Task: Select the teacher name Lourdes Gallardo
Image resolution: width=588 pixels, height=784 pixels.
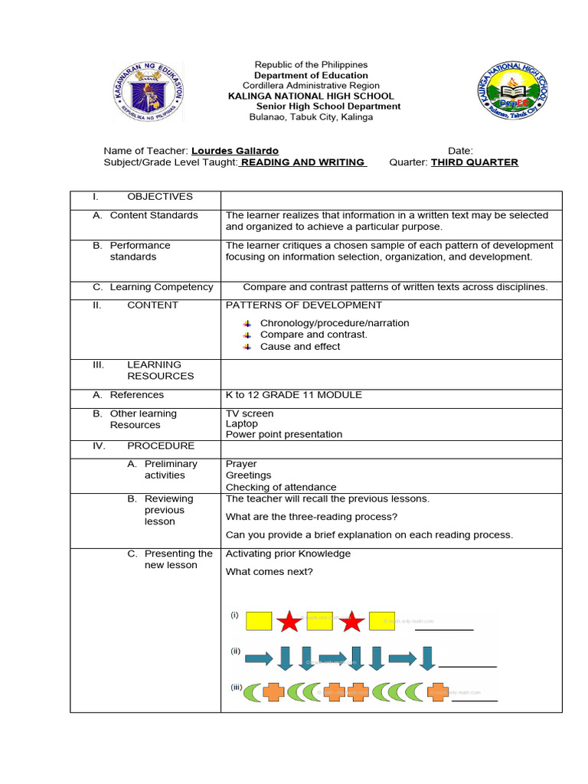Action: (x=234, y=151)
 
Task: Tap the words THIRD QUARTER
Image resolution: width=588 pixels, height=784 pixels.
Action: (x=474, y=162)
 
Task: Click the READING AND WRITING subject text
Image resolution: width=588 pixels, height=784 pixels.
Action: (x=303, y=162)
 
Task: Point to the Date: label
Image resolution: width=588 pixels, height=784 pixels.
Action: (x=460, y=151)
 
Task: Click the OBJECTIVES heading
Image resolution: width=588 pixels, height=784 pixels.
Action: (x=160, y=197)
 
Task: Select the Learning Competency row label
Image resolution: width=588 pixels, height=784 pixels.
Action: (x=161, y=287)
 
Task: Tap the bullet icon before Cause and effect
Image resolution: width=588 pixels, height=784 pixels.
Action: (x=247, y=347)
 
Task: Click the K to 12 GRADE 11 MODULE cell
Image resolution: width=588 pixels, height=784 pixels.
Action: (x=294, y=395)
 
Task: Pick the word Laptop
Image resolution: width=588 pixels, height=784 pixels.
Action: (x=242, y=423)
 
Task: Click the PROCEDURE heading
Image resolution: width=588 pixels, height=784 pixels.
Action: (x=161, y=446)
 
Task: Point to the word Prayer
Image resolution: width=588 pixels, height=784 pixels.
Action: (x=241, y=464)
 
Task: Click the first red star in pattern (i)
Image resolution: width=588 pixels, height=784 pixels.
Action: (x=289, y=621)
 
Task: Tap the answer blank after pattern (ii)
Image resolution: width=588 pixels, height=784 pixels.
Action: (x=467, y=665)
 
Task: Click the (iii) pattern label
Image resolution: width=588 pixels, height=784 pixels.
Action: (x=237, y=687)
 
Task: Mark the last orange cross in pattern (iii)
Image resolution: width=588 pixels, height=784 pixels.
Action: (x=437, y=692)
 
